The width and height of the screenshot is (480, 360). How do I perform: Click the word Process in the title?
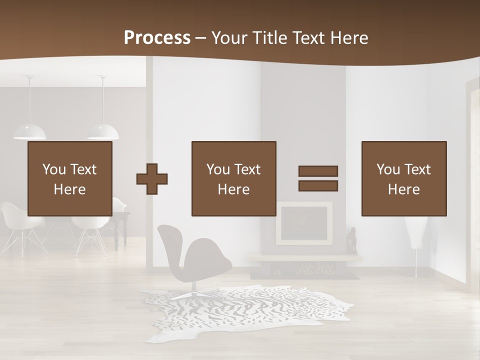pyautogui.click(x=157, y=37)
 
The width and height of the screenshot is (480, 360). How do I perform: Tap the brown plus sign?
pyautogui.click(x=152, y=179)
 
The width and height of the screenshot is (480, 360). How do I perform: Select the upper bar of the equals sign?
pyautogui.click(x=318, y=171)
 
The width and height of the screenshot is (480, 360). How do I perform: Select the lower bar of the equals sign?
pyautogui.click(x=318, y=186)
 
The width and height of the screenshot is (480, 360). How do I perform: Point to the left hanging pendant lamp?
pyautogui.click(x=29, y=131)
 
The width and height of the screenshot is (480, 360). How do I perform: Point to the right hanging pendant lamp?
pyautogui.click(x=103, y=131)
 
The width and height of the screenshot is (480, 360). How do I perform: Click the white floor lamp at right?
pyautogui.click(x=415, y=235)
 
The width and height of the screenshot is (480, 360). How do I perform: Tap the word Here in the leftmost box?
pyautogui.click(x=70, y=189)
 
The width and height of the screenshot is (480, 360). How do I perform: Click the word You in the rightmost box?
pyautogui.click(x=388, y=169)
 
